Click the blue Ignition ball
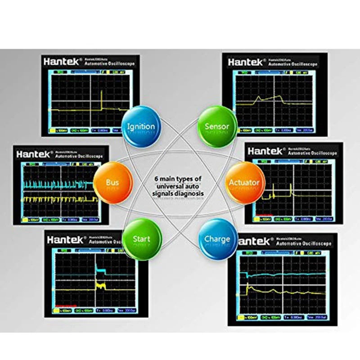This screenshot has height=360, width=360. tap(141, 126)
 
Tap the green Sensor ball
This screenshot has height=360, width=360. tap(216, 126)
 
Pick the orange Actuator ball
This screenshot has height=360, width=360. tap(244, 182)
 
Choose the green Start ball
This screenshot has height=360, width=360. tap(141, 238)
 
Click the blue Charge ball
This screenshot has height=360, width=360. tap(217, 238)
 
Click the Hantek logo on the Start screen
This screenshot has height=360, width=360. tap(65, 239)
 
